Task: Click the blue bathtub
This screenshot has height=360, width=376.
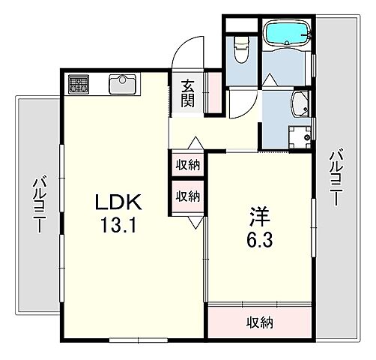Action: [288, 33]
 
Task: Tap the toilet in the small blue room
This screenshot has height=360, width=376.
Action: [241, 50]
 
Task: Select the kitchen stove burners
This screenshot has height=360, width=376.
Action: [79, 83]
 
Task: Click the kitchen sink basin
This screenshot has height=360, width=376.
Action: [122, 83]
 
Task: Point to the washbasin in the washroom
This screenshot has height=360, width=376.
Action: [300, 104]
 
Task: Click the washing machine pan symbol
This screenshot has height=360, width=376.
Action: [300, 137]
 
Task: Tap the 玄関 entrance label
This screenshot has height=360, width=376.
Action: [188, 93]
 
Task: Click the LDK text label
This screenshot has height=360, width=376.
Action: [118, 202]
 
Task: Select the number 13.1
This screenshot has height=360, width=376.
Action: [118, 225]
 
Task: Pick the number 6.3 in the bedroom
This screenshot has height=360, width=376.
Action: [260, 239]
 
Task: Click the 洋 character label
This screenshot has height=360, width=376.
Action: [260, 216]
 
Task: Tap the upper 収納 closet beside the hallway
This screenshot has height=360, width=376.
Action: [188, 165]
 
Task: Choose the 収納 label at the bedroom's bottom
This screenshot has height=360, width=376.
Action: [260, 322]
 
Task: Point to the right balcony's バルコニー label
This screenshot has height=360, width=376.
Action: [336, 177]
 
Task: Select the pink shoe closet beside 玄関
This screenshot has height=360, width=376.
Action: [215, 92]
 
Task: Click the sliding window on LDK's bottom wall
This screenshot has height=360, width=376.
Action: [139, 340]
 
